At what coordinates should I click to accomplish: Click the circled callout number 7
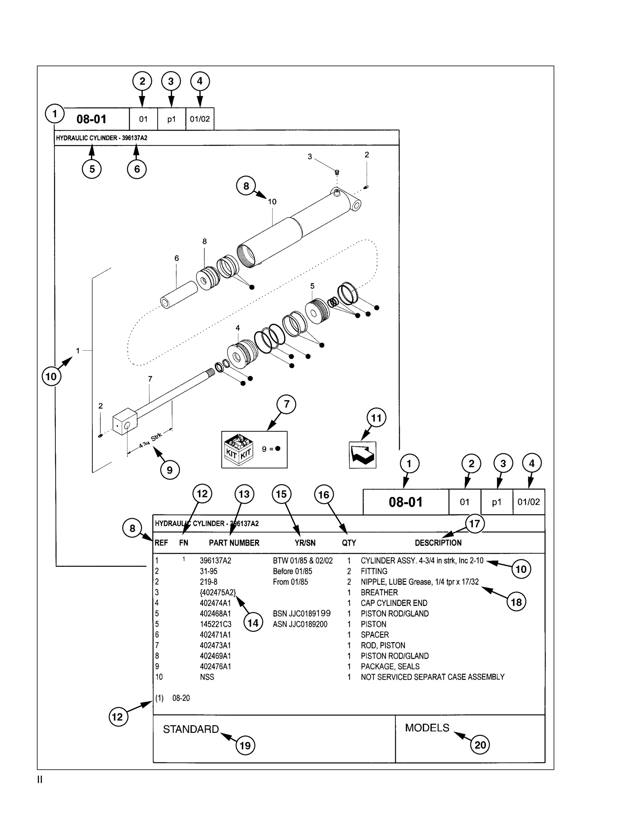(x=286, y=404)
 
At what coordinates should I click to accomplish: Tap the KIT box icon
(x=239, y=450)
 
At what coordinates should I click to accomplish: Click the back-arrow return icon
(x=362, y=455)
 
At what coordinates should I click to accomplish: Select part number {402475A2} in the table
(x=218, y=592)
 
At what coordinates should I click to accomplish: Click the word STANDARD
(x=191, y=729)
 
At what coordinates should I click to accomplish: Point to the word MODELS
(x=427, y=728)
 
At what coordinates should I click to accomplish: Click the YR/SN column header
(x=305, y=543)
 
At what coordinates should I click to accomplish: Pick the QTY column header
(x=349, y=543)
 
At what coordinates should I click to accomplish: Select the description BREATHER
(x=379, y=592)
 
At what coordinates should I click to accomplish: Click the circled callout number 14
(x=253, y=623)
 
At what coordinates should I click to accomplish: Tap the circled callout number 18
(x=516, y=602)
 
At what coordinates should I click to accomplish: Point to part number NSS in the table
(x=207, y=677)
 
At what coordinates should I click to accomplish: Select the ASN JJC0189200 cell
(x=300, y=624)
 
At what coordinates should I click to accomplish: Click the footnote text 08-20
(x=181, y=698)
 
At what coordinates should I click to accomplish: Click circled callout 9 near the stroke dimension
(x=170, y=470)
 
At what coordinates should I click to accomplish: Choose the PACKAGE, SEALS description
(x=390, y=666)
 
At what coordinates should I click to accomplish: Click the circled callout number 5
(x=92, y=169)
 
